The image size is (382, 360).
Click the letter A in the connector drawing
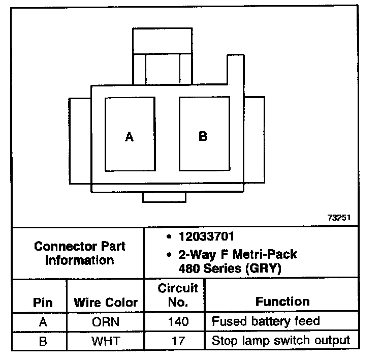tap(130, 137)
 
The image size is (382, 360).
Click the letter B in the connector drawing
tap(203, 136)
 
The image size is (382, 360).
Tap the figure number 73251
tap(339, 217)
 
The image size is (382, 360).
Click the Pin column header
tap(43, 302)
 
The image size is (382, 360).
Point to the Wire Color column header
tap(106, 302)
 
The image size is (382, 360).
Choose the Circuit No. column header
tap(177, 295)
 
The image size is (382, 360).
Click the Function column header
tap(282, 302)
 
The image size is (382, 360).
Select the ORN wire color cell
tap(105, 322)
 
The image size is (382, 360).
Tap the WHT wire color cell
tap(105, 341)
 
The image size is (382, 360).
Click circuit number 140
tap(177, 322)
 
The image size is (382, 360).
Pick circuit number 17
tap(177, 341)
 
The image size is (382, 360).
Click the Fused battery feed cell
tap(266, 321)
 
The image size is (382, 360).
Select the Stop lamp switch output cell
tap(281, 340)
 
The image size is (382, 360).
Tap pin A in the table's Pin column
tap(43, 322)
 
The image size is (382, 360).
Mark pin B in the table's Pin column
tap(43, 341)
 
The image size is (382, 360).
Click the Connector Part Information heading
tap(79, 253)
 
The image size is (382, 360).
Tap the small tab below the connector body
tap(164, 197)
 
